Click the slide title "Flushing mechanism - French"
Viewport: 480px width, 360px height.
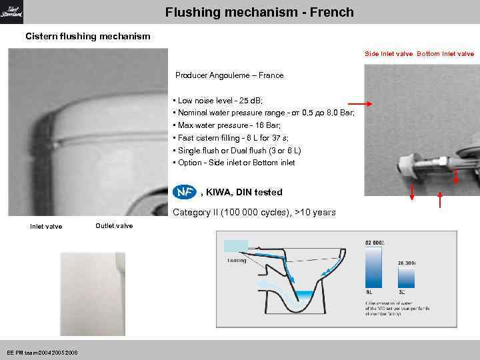point(259,13)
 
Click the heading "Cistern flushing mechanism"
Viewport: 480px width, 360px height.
point(88,36)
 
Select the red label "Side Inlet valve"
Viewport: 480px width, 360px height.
point(389,53)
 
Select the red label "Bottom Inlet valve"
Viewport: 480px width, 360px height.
point(445,53)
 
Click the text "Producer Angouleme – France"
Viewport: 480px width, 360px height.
point(229,75)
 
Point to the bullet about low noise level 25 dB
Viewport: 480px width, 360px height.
point(217,100)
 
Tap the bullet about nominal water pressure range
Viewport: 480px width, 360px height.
point(263,113)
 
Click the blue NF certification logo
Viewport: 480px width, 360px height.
point(184,192)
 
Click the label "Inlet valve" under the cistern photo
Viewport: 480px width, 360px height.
point(46,227)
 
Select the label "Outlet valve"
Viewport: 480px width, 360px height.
point(114,225)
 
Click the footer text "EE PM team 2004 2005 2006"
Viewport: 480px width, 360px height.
point(43,352)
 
